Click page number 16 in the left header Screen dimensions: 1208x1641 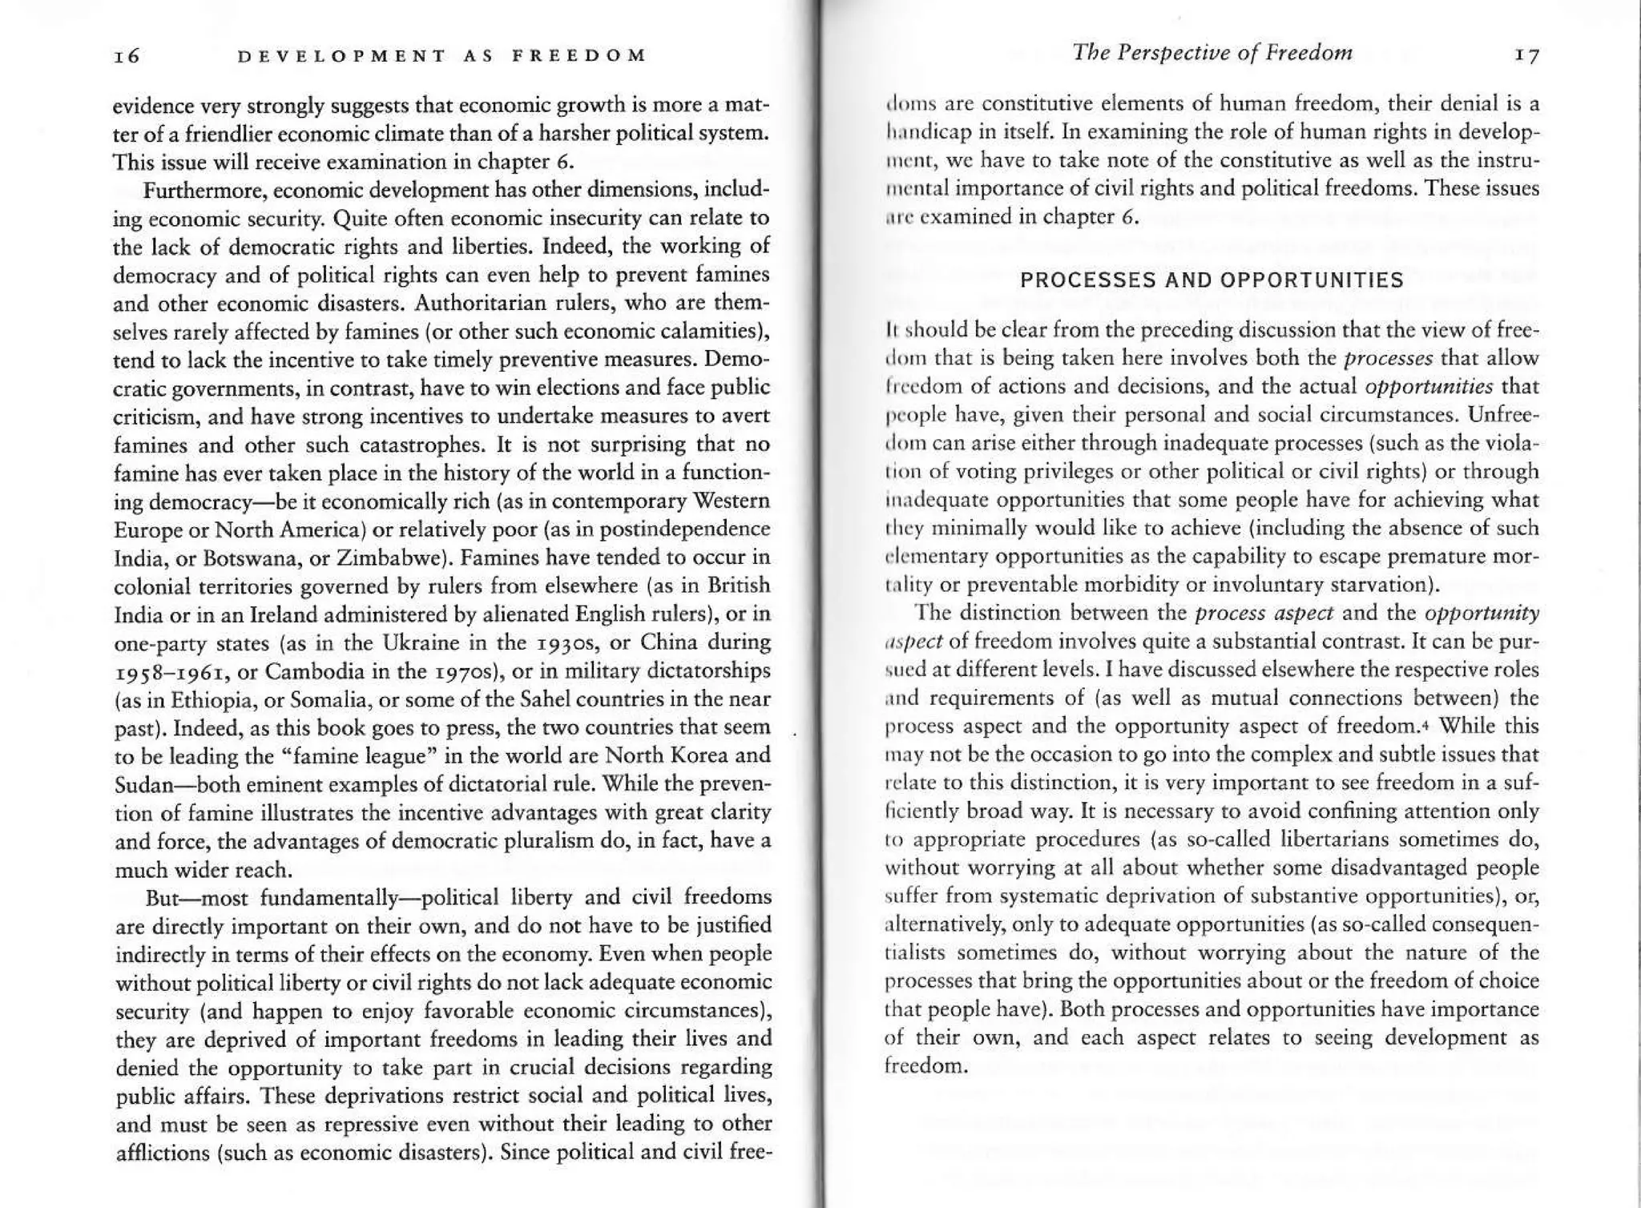127,56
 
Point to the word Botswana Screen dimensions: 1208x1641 260,558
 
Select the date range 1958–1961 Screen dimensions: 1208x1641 170,671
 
